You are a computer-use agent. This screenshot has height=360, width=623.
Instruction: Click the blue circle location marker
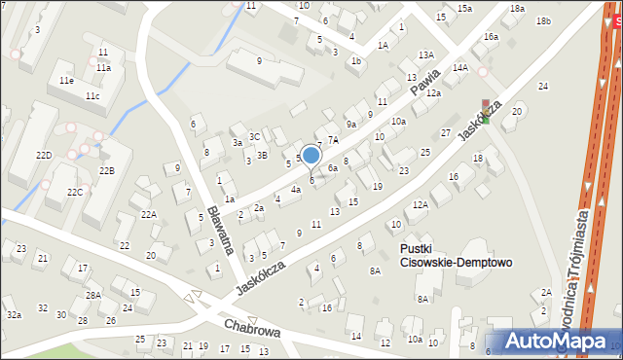coord(311,155)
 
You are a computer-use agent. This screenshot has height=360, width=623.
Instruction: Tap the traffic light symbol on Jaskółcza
coord(485,111)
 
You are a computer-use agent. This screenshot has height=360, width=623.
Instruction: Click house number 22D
coord(44,156)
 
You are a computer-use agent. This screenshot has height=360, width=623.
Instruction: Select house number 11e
coord(66,80)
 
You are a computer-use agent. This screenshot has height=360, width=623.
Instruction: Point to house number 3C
coord(254,137)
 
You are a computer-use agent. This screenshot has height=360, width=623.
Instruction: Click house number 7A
coord(332,140)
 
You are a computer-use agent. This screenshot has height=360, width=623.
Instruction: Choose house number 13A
coord(425,55)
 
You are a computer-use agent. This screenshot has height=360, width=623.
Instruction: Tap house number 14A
coord(459,68)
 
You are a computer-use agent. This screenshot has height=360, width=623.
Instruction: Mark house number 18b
coord(543,21)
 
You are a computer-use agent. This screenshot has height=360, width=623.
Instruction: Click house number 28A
coord(92,295)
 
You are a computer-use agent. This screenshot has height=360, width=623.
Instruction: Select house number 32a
coord(14,315)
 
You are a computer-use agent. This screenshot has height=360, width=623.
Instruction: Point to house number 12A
coord(420,205)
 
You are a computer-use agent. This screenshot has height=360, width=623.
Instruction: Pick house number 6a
coord(332,168)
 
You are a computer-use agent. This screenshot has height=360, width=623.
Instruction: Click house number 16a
coord(491,37)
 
